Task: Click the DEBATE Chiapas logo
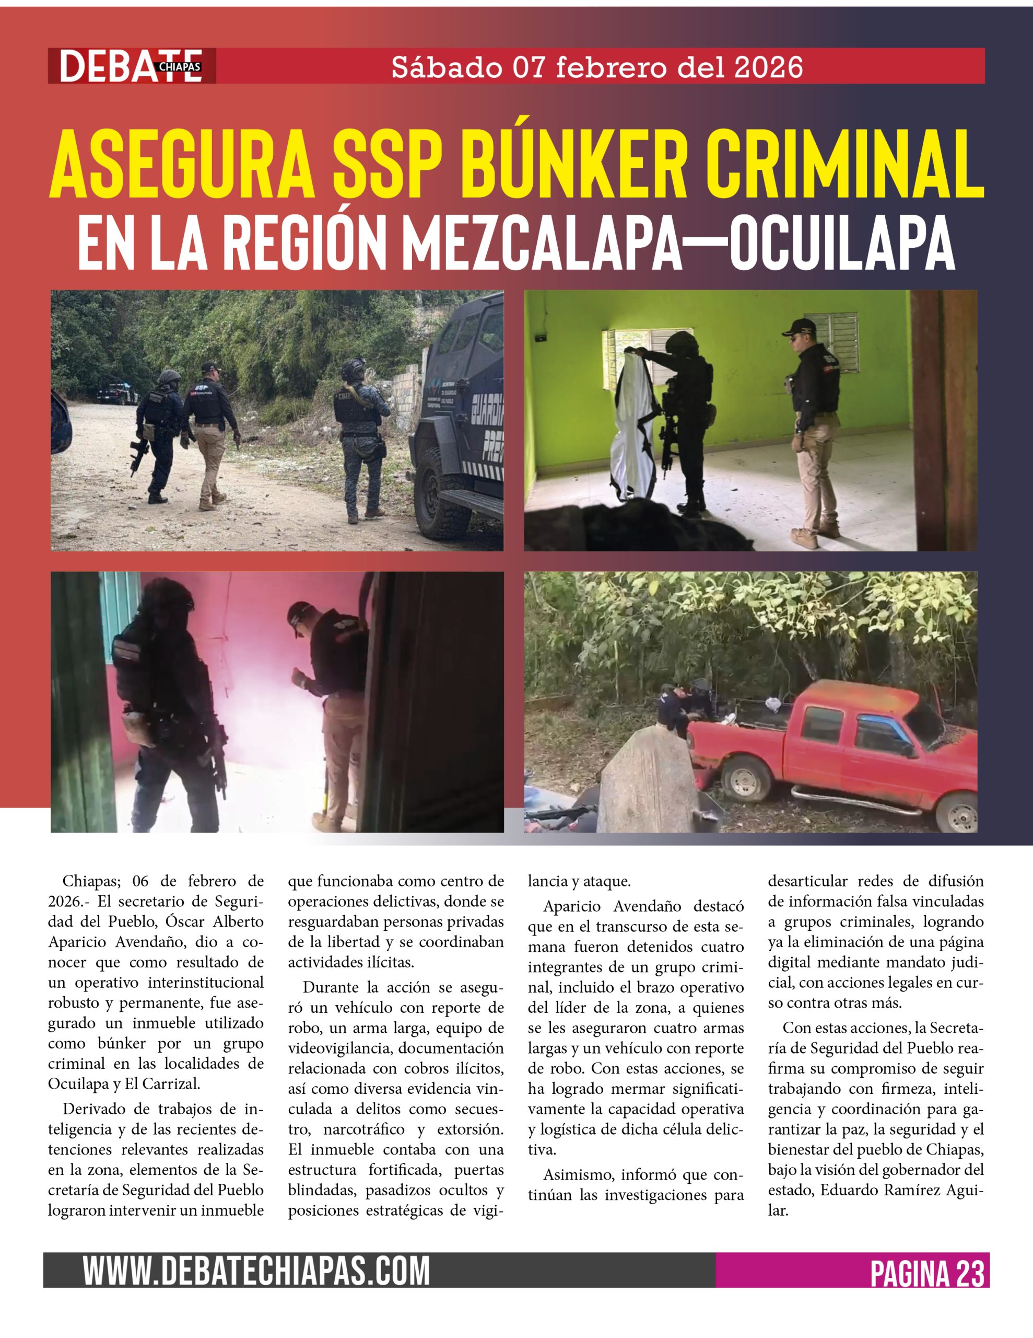(132, 66)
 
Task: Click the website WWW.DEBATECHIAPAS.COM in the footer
(256, 1271)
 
